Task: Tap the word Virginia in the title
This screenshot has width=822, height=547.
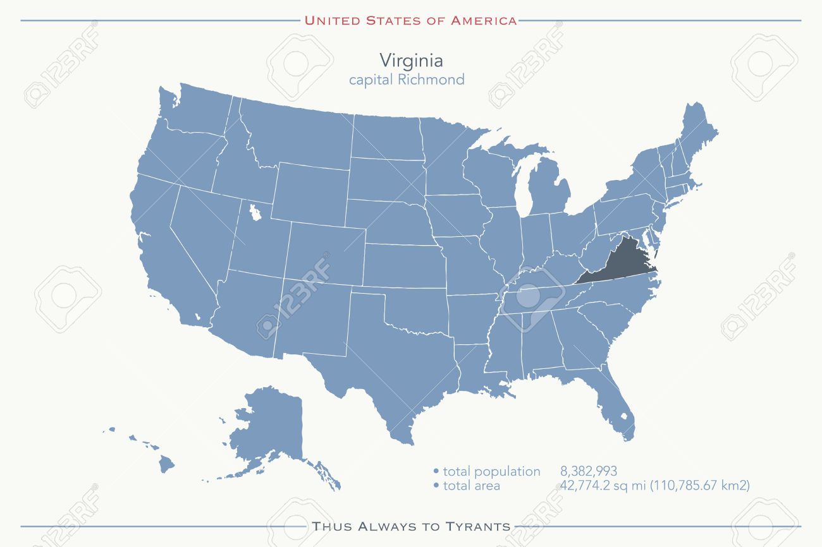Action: tap(411, 61)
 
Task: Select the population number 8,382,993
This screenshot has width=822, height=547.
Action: tap(588, 471)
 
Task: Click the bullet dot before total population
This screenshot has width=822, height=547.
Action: tap(436, 472)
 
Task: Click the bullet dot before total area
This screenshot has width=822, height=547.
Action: tap(436, 486)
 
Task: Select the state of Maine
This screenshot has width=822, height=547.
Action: tap(696, 133)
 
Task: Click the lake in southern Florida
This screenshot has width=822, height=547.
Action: tap(625, 418)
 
